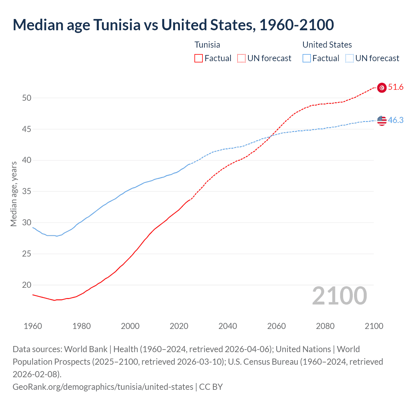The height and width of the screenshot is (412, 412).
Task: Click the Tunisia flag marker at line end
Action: tap(382, 88)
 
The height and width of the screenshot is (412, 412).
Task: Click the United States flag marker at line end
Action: tap(382, 121)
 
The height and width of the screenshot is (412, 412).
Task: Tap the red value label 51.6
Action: tap(396, 87)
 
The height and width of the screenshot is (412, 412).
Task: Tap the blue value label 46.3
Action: tap(396, 120)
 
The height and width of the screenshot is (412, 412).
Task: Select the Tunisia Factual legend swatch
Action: tap(199, 58)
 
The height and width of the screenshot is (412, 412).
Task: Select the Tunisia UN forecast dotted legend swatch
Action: tap(241, 58)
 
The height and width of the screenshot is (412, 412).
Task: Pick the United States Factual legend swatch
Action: tap(307, 58)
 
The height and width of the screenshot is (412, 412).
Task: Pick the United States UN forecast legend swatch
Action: tap(349, 58)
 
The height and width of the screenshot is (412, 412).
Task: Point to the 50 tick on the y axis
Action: tap(27, 98)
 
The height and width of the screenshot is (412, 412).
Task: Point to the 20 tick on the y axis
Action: tap(27, 285)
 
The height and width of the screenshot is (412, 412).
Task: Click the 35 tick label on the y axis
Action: tap(27, 192)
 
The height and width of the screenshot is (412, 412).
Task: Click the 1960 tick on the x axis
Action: tap(33, 326)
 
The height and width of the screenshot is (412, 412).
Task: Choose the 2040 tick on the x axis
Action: tap(228, 326)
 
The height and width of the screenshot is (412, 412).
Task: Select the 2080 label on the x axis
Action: tap(325, 326)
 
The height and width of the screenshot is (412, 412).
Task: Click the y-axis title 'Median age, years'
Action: tap(14, 194)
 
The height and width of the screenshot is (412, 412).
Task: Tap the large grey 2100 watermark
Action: tap(339, 296)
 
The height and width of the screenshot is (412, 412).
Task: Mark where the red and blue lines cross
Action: tap(272, 135)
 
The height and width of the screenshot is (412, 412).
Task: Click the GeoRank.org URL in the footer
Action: tap(103, 387)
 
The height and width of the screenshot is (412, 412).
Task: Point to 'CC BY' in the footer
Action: tap(211, 387)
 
